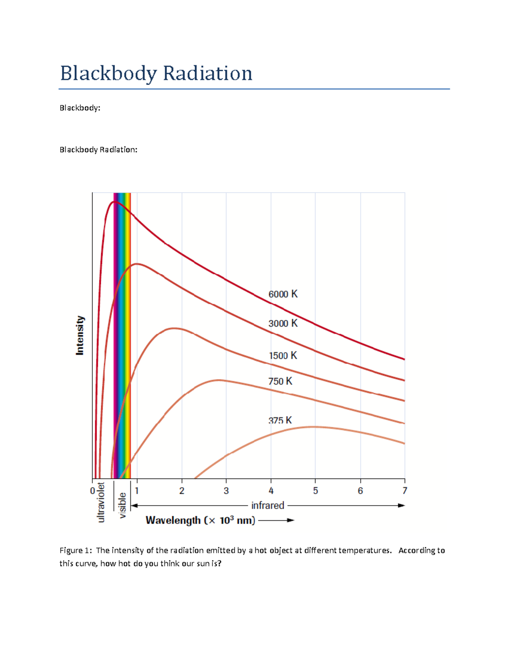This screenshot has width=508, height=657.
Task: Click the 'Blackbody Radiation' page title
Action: click(x=156, y=74)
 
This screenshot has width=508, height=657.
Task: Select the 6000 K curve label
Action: click(x=283, y=294)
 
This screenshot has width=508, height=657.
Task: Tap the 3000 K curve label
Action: click(x=283, y=323)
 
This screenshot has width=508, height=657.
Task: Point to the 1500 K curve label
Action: click(x=283, y=355)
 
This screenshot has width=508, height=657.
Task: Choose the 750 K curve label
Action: click(x=280, y=381)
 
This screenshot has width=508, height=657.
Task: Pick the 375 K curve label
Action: click(x=280, y=420)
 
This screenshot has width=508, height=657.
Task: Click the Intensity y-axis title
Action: click(x=80, y=335)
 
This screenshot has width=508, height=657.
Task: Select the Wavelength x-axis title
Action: click(x=200, y=520)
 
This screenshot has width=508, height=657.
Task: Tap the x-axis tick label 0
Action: click(x=92, y=491)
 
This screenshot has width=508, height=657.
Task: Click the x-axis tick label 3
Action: click(x=226, y=491)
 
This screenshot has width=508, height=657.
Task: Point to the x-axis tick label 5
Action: click(x=315, y=491)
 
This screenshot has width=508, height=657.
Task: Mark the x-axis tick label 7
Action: click(x=405, y=491)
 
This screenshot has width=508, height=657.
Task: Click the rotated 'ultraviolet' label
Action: click(x=101, y=502)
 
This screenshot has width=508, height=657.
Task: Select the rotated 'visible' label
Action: click(x=122, y=505)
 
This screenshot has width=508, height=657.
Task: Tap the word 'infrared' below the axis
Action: click(x=268, y=506)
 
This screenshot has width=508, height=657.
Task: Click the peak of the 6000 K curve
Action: click(x=113, y=202)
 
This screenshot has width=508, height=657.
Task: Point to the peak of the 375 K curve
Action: click(x=314, y=427)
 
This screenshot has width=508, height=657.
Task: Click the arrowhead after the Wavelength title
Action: click(x=290, y=520)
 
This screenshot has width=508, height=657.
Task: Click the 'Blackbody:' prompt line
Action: click(x=80, y=108)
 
